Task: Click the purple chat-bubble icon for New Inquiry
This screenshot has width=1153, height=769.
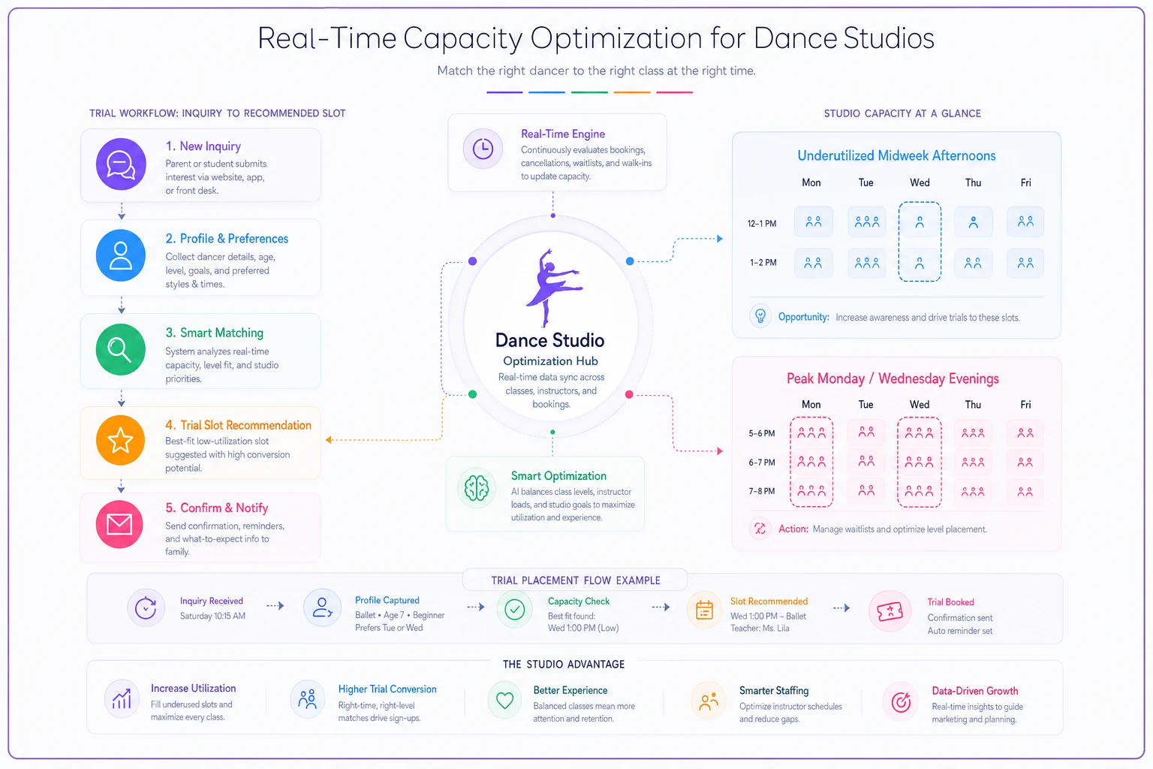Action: click(x=121, y=164)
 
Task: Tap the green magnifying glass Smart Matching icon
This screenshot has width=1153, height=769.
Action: click(x=121, y=350)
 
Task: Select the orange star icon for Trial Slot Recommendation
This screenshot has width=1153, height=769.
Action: click(x=121, y=440)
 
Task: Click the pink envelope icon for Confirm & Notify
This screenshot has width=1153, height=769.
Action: click(x=119, y=524)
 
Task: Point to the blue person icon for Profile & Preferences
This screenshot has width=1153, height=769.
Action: click(x=121, y=255)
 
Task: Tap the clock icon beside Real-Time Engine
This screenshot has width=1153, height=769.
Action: click(x=483, y=149)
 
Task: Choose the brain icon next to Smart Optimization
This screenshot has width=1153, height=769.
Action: click(x=477, y=488)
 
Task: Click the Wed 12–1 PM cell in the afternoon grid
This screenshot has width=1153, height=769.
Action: click(x=920, y=222)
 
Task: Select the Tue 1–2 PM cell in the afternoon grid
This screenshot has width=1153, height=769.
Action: click(x=867, y=263)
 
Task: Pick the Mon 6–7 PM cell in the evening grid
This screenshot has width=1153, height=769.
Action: click(x=811, y=462)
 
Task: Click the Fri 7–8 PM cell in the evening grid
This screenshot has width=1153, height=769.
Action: click(x=1025, y=492)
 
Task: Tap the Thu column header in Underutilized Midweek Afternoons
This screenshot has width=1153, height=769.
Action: click(x=973, y=182)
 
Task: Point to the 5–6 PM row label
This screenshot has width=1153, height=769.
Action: click(x=762, y=434)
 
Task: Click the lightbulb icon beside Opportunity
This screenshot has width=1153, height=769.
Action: click(x=760, y=315)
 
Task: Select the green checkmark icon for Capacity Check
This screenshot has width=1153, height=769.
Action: click(x=515, y=609)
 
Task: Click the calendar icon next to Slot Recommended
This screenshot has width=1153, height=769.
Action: click(x=704, y=611)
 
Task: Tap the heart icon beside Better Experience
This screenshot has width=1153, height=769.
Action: click(x=505, y=700)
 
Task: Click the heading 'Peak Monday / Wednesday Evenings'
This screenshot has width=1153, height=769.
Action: click(x=893, y=378)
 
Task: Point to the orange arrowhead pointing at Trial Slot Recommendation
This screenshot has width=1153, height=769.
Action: click(x=329, y=439)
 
